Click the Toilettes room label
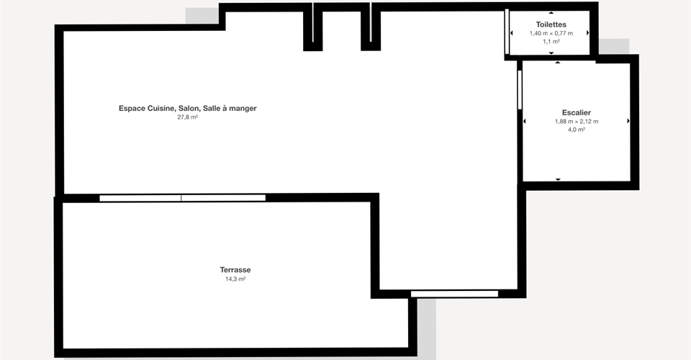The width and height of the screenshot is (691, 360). click(x=551, y=24)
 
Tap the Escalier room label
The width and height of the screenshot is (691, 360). click(x=577, y=113)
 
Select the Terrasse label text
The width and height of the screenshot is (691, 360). click(x=235, y=270)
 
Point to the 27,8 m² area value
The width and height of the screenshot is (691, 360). click(x=187, y=117)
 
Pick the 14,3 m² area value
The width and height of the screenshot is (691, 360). click(x=235, y=279)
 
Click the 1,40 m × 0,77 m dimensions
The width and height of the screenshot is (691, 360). click(x=551, y=34)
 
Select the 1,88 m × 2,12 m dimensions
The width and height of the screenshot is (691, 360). click(x=577, y=122)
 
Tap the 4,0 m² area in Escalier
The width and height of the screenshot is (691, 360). click(x=577, y=130)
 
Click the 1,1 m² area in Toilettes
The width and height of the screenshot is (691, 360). click(x=551, y=42)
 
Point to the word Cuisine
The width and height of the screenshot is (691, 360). click(x=161, y=109)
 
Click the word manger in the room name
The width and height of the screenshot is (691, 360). click(x=243, y=109)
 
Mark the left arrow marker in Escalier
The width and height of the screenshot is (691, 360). click(x=525, y=121)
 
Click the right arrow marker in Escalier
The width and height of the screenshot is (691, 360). click(x=628, y=121)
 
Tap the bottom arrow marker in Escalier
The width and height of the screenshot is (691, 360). click(x=558, y=179)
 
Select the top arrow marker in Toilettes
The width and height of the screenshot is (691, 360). click(x=551, y=13)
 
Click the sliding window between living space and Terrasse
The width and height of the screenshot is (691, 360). click(x=182, y=198)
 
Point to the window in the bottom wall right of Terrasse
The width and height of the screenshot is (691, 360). click(x=454, y=294)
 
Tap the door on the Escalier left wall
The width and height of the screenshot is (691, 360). click(x=520, y=90)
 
